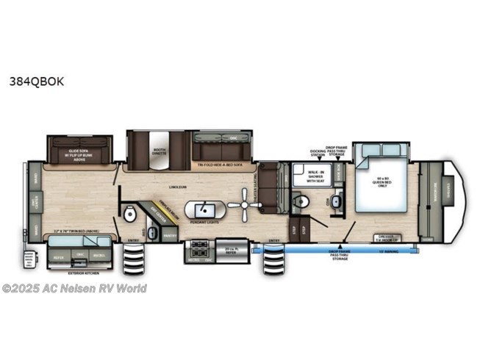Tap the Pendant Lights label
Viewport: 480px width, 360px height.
click(201, 221)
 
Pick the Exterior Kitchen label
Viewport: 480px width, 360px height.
click(82, 273)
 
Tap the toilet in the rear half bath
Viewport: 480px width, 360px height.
click(129, 215)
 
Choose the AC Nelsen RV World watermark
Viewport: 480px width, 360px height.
click(74, 288)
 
